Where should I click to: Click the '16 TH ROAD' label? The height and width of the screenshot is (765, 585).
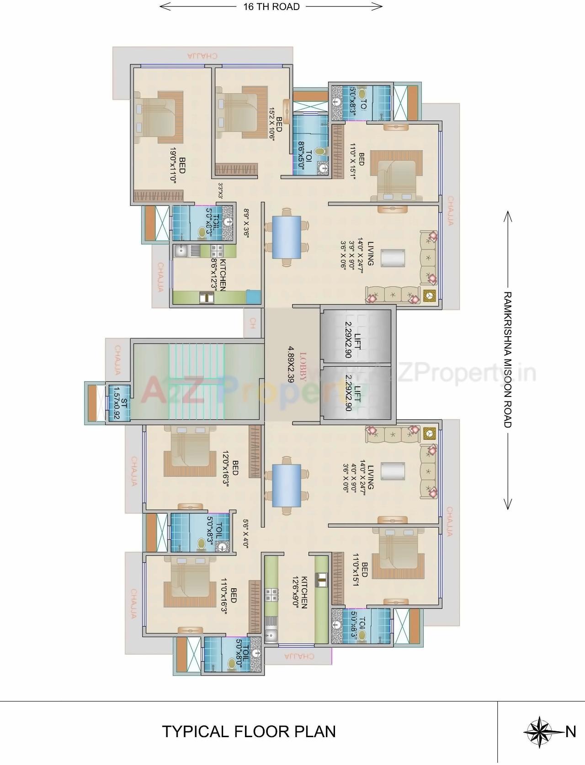pos(271,6)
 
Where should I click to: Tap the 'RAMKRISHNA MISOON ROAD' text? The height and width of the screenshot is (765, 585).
pos(507,359)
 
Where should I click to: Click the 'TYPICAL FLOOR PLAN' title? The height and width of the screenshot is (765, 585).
pos(249,731)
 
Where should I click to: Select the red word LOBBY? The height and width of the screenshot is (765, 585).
pos(303,367)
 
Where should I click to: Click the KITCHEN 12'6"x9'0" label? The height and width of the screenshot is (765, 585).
pos(300,592)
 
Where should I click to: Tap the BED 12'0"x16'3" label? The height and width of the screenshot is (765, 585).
pos(230,467)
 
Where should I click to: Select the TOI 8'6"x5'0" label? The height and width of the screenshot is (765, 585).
pos(305,158)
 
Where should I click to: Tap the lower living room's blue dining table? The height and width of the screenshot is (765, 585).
pos(286,485)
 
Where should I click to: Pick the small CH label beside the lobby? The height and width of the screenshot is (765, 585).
pos(252,323)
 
